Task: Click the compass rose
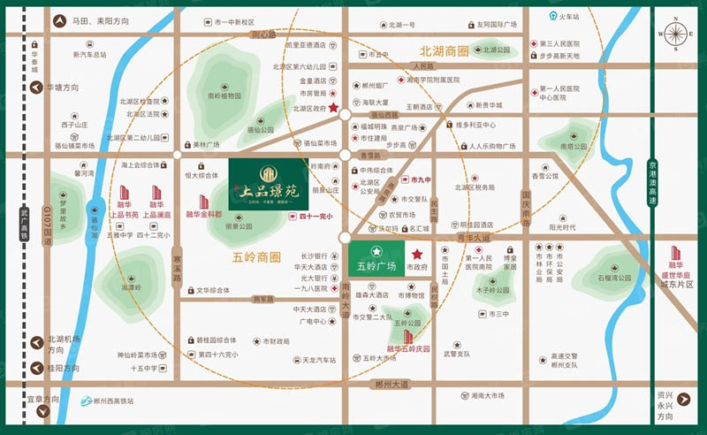pos(675,34)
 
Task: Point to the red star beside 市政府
pos(417,255)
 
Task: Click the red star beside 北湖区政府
pos(334,108)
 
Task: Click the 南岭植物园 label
pos(224,95)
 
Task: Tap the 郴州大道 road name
pos(392,385)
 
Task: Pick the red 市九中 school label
pos(421,179)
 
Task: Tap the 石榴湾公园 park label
pos(613,278)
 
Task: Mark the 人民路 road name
pos(425,66)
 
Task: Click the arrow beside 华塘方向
pos(37,88)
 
